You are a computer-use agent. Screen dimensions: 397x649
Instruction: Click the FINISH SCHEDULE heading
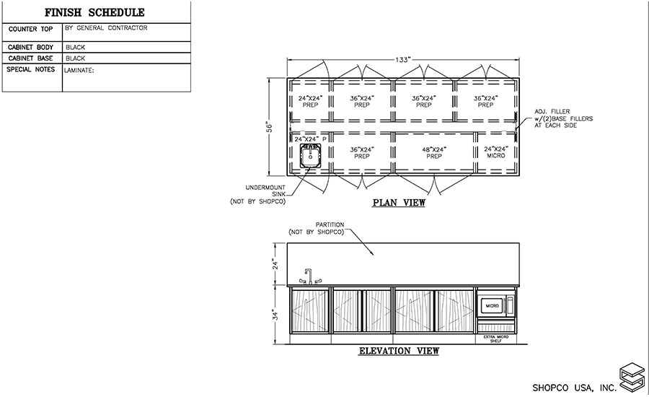pyautogui.click(x=94, y=12)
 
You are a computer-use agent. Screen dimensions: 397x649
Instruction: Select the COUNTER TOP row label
pyautogui.click(x=29, y=30)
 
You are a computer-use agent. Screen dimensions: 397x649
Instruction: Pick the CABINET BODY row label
pyautogui.click(x=30, y=46)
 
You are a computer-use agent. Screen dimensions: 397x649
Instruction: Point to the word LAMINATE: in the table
pyautogui.click(x=80, y=71)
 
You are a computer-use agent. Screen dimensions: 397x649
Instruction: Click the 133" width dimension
pyautogui.click(x=402, y=60)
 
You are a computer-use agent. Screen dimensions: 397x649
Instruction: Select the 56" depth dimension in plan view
pyautogui.click(x=270, y=126)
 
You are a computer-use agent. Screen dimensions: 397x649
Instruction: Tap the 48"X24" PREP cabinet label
pyautogui.click(x=435, y=152)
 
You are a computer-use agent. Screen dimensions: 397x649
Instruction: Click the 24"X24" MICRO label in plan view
pyautogui.click(x=496, y=152)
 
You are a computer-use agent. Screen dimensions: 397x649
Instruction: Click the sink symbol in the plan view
pyautogui.click(x=311, y=154)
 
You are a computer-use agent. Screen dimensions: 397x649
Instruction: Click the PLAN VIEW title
pyautogui.click(x=399, y=203)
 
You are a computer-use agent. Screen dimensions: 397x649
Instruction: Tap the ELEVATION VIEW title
pyautogui.click(x=399, y=352)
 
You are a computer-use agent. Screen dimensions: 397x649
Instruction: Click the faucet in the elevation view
pyautogui.click(x=308, y=276)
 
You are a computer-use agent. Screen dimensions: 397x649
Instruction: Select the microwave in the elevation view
pyautogui.click(x=496, y=305)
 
